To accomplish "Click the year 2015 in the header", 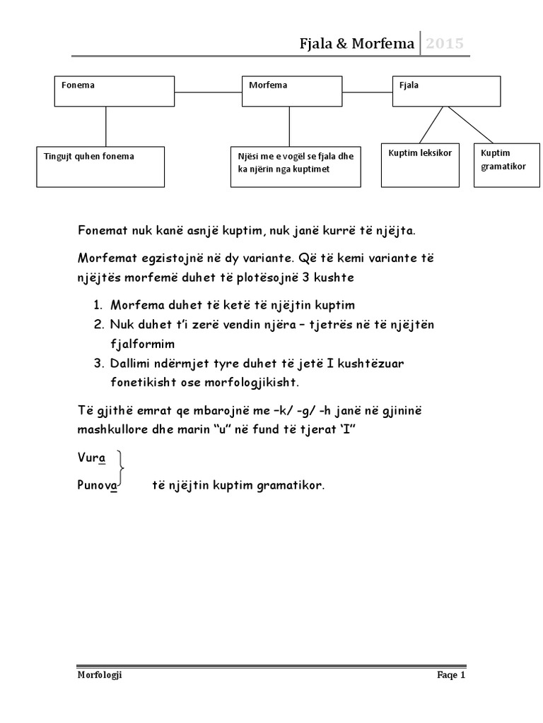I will point(445,44).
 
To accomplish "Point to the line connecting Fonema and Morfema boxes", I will point(208,92).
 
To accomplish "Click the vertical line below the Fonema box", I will point(105,127).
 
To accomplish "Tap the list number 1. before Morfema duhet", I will point(98,305).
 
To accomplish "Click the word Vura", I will point(91,458).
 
